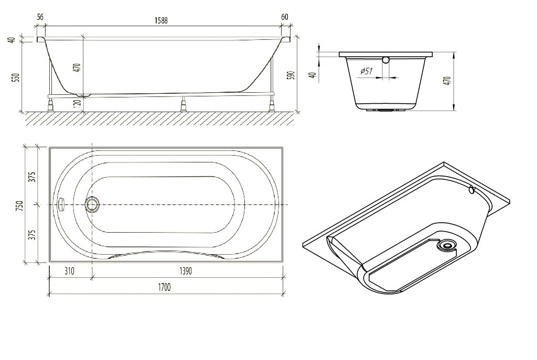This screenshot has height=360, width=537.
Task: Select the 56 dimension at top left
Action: tap(40, 17)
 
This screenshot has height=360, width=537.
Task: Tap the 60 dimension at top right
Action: tap(285, 17)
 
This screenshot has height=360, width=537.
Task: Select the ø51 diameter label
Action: tap(367, 72)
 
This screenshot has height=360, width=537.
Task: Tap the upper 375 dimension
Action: tap(31, 176)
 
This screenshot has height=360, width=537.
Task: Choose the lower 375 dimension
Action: tap(31, 234)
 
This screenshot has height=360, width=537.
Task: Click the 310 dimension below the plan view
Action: tap(70, 272)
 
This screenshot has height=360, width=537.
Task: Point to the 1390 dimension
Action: tap(188, 272)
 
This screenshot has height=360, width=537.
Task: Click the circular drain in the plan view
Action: tap(93, 204)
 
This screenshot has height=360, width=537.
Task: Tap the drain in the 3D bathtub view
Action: tap(447, 244)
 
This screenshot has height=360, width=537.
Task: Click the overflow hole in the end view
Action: tap(386, 60)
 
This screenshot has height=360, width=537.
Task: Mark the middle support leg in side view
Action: tap(184, 105)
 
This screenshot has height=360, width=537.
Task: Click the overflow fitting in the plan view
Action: tap(61, 204)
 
